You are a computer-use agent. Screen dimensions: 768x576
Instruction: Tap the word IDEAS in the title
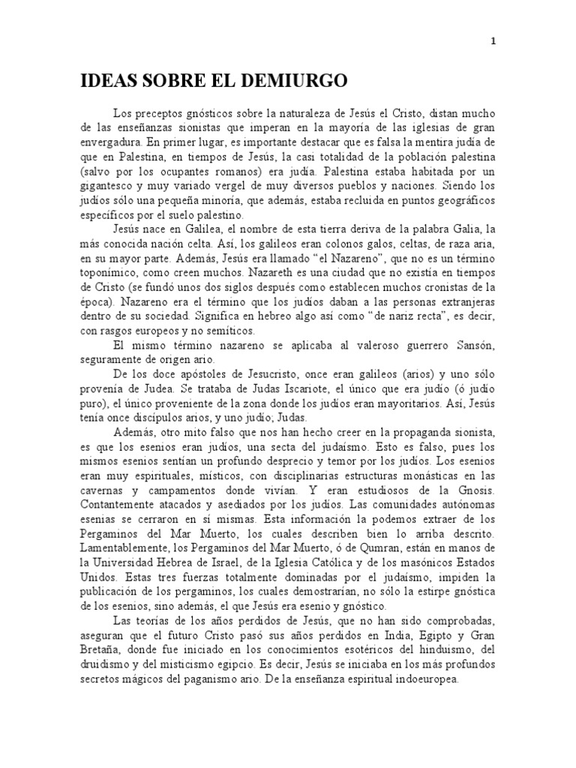tap(108, 81)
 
